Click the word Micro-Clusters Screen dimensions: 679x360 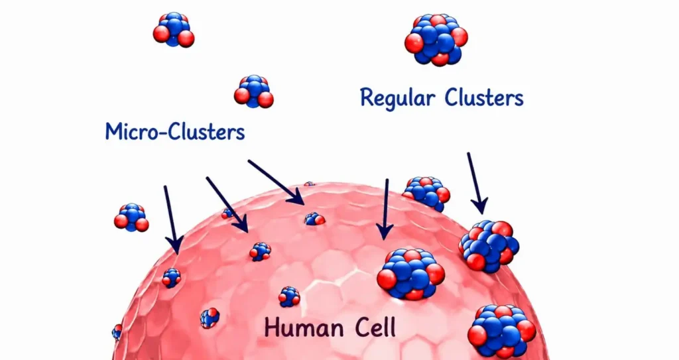175,131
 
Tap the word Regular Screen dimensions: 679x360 397,98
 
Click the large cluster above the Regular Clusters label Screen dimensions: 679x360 436,39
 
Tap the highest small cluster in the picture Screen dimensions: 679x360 174,29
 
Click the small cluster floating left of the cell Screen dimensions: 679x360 132,217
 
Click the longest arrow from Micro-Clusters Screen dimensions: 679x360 276,182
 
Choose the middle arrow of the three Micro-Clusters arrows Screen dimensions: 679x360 227,204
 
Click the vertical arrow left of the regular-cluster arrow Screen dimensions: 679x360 385,209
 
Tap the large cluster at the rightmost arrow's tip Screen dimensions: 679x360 489,245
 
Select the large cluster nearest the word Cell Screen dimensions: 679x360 411,274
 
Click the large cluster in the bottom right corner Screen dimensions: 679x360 502,331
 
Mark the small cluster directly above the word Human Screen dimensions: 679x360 289,297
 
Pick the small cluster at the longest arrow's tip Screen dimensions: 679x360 314,219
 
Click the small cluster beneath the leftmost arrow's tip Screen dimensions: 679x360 172,278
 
